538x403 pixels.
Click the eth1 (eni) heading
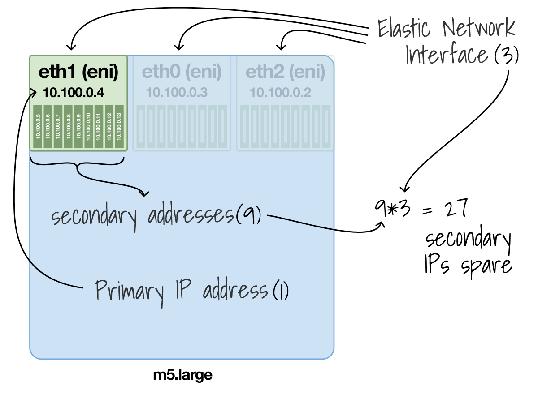click(x=78, y=73)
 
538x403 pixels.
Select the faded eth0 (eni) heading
click(x=182, y=73)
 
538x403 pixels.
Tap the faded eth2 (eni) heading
click(x=286, y=73)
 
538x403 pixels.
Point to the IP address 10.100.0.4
click(x=74, y=93)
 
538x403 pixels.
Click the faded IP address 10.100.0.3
click(x=176, y=93)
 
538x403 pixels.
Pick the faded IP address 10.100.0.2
click(x=280, y=93)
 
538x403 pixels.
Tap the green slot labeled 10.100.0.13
click(x=119, y=126)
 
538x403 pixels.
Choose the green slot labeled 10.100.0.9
click(x=78, y=126)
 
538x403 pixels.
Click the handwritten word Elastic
click(x=403, y=28)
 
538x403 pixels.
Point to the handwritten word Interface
click(x=446, y=56)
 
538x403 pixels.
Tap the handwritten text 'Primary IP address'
click(x=182, y=291)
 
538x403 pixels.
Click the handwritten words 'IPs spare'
click(x=467, y=265)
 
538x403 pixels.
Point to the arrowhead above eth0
click(x=179, y=46)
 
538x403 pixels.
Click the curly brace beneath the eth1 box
click(x=78, y=164)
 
